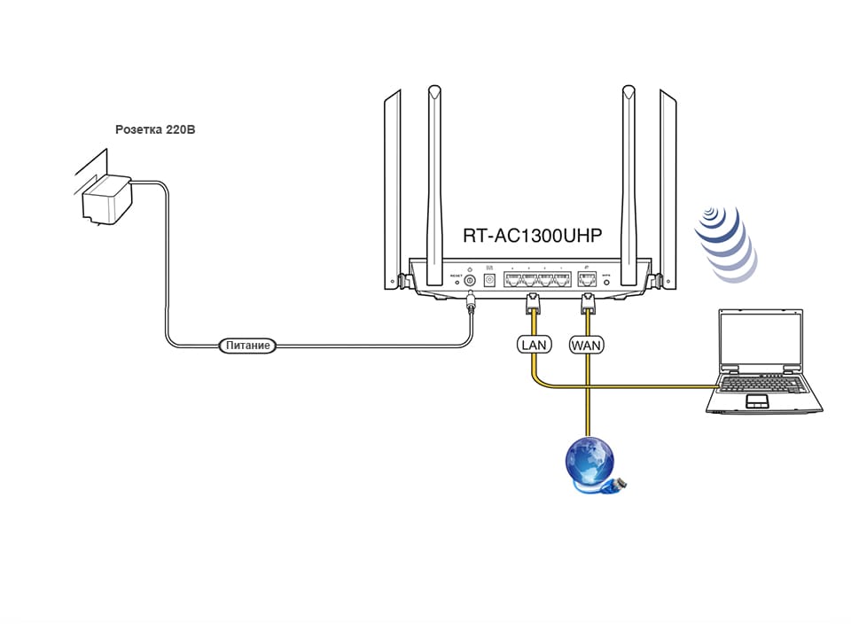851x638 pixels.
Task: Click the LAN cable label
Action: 535,344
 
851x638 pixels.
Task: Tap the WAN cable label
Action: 586,344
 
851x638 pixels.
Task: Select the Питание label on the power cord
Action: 247,346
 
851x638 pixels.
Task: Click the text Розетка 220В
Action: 155,129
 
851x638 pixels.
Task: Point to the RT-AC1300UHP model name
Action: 532,236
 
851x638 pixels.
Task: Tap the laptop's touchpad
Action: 759,401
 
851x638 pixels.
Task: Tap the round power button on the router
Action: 470,281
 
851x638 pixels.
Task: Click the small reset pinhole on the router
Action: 456,282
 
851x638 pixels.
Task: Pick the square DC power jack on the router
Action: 488,280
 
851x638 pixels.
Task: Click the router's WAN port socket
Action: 586,280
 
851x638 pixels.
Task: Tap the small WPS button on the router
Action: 607,282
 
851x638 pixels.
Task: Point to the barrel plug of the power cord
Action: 470,305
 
